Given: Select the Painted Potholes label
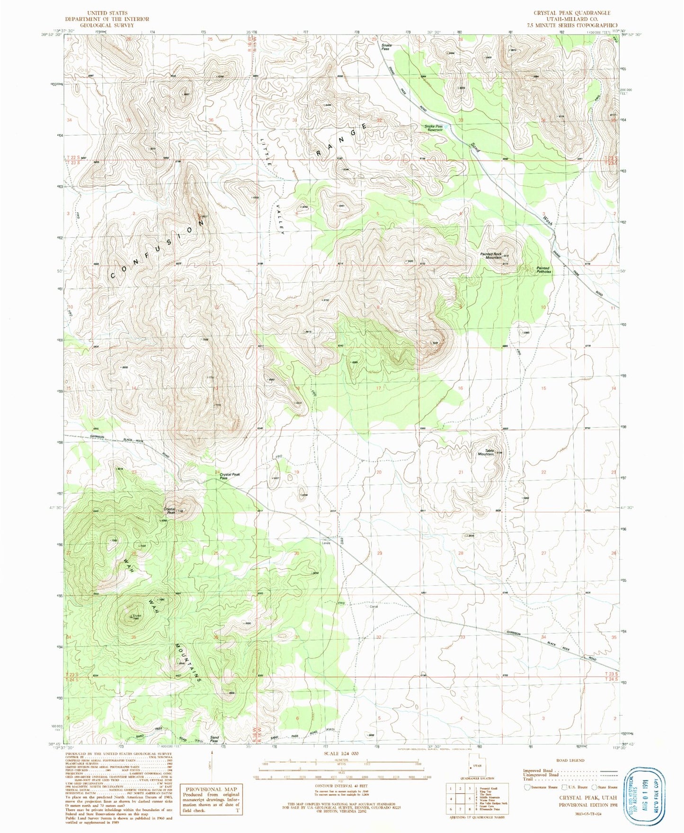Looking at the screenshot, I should pyautogui.click(x=543, y=270).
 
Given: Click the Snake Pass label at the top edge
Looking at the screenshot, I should pyautogui.click(x=386, y=47).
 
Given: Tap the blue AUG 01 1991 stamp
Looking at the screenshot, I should pyautogui.click(x=644, y=790).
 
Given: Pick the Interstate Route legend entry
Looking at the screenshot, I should pyautogui.click(x=542, y=788).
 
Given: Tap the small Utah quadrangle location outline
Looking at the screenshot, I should pyautogui.click(x=477, y=768).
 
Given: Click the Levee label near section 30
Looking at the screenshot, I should pyautogui.click(x=326, y=543).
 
